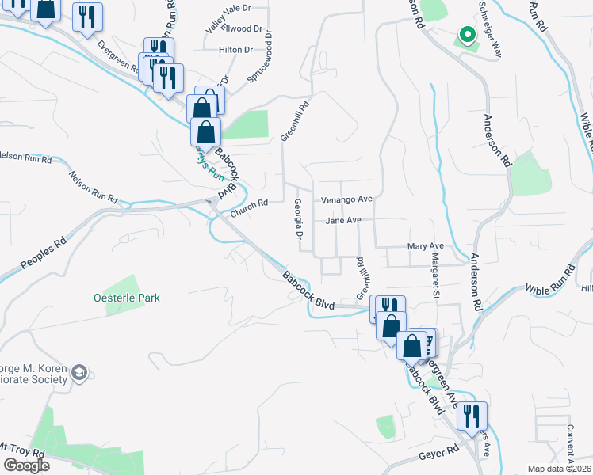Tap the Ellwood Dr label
tap(241, 28)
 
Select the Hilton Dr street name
tap(235, 49)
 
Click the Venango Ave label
tap(346, 199)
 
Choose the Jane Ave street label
tap(343, 221)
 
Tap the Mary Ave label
tap(425, 247)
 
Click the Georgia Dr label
tap(299, 219)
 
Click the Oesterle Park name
tap(126, 298)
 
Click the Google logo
tap(26, 465)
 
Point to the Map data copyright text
tap(560, 468)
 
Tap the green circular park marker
tap(467, 35)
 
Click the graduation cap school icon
tap(79, 372)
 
